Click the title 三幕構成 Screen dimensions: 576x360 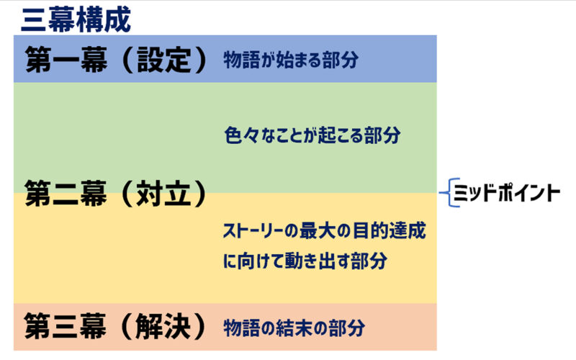[76, 20]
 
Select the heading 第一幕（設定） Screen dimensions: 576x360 [117, 60]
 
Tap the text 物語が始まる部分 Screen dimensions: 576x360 [291, 60]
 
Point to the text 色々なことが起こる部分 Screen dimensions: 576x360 [312, 135]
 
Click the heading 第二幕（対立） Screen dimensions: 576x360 [116, 194]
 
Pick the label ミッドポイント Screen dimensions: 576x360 [507, 193]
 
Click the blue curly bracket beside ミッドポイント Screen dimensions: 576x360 [446, 192]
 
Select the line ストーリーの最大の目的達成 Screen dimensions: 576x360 [325, 230]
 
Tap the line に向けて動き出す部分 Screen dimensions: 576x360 [305, 261]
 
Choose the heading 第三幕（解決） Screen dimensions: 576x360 [116, 326]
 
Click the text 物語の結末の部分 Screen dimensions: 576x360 [294, 328]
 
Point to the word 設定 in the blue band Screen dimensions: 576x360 [164, 60]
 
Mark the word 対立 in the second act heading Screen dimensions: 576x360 [164, 194]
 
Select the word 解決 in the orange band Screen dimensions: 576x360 [163, 326]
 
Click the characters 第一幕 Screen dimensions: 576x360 [66, 60]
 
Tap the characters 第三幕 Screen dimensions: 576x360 [66, 326]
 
